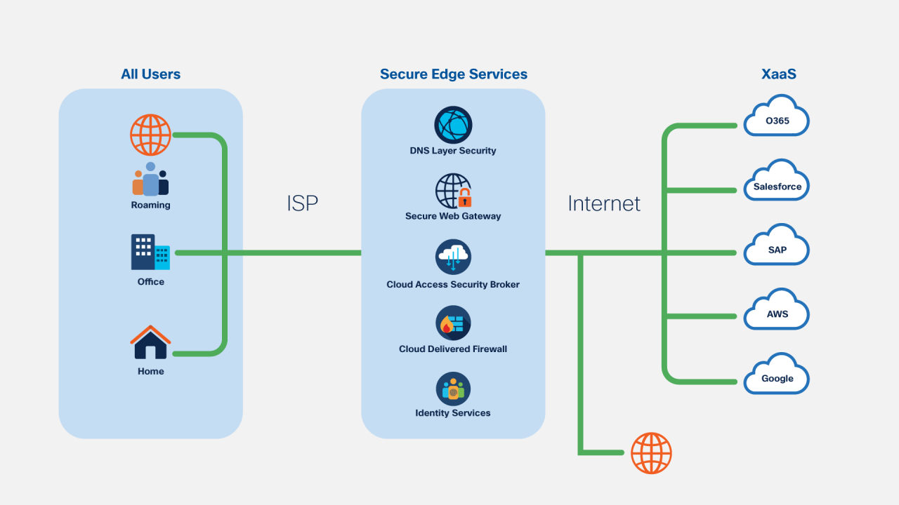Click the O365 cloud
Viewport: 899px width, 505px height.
(x=777, y=119)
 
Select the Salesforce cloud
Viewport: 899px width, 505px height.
(x=777, y=184)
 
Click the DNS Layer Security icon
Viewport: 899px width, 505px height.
(x=453, y=126)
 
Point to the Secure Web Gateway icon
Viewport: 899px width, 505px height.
(x=453, y=191)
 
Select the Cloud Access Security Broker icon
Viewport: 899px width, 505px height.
(x=453, y=257)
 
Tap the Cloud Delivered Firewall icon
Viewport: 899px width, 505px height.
(x=453, y=323)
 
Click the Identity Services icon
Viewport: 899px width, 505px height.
(x=453, y=389)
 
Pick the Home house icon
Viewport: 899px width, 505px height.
(x=150, y=342)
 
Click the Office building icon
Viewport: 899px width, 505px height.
(x=150, y=252)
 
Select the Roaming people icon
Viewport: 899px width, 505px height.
(x=150, y=180)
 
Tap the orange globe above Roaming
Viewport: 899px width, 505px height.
(x=150, y=135)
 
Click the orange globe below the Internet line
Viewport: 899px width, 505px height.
(x=651, y=453)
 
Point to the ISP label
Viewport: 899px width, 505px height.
(x=302, y=203)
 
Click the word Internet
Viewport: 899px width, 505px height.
(x=604, y=203)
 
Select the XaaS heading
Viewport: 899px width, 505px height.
(x=779, y=74)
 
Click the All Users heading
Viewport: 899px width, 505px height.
(x=150, y=74)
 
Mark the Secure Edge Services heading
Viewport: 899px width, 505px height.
(x=453, y=74)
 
